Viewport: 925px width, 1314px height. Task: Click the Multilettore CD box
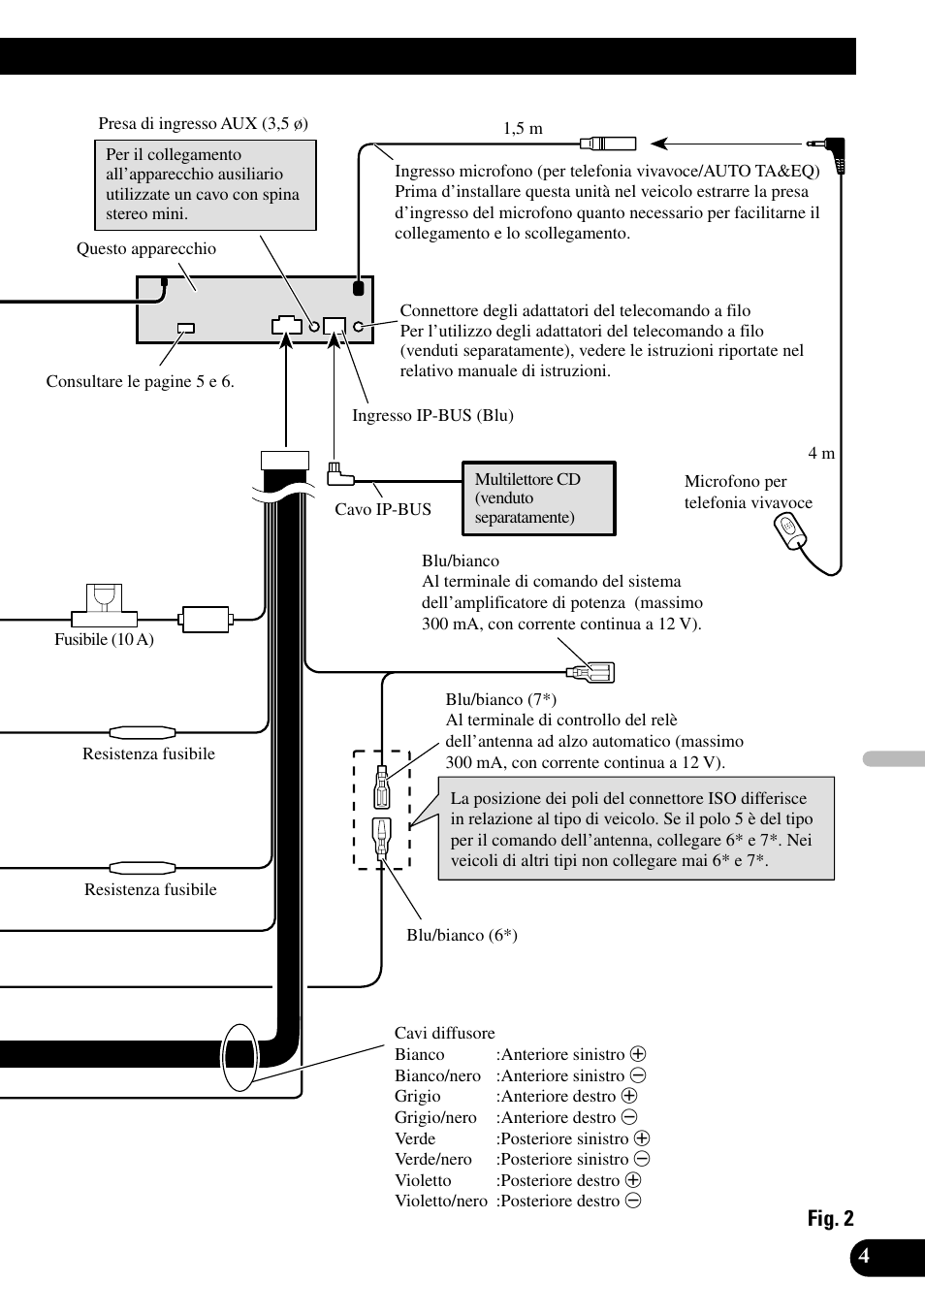coord(538,498)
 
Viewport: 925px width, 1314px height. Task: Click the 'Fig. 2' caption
coord(830,1219)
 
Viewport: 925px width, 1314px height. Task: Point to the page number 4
coord(863,1257)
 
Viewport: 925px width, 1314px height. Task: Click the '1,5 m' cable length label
coord(523,128)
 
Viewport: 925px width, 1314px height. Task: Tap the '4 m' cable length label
coord(821,453)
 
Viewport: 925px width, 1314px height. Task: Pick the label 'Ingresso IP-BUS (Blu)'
coord(432,415)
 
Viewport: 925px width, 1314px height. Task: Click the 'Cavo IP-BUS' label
coord(383,509)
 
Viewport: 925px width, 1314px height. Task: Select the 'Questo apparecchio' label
coord(146,248)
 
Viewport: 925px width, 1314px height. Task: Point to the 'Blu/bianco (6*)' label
coord(462,935)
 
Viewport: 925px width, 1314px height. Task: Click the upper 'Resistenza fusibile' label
coord(148,753)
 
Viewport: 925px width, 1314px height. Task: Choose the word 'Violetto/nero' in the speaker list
coord(440,1201)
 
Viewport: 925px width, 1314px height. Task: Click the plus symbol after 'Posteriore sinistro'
coord(642,1138)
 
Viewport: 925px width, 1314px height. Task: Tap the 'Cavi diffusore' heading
coord(444,1033)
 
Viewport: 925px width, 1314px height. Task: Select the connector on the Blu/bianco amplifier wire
coord(590,671)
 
